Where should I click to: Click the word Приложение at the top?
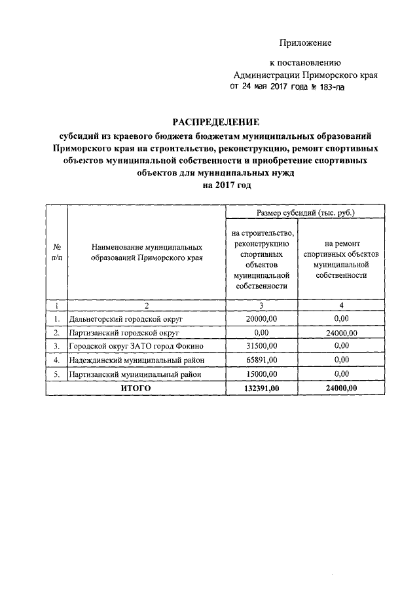(306, 43)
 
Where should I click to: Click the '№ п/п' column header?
(57, 252)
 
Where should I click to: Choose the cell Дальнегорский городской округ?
(125, 319)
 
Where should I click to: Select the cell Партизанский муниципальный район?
(134, 374)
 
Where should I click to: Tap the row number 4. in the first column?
(57, 360)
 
